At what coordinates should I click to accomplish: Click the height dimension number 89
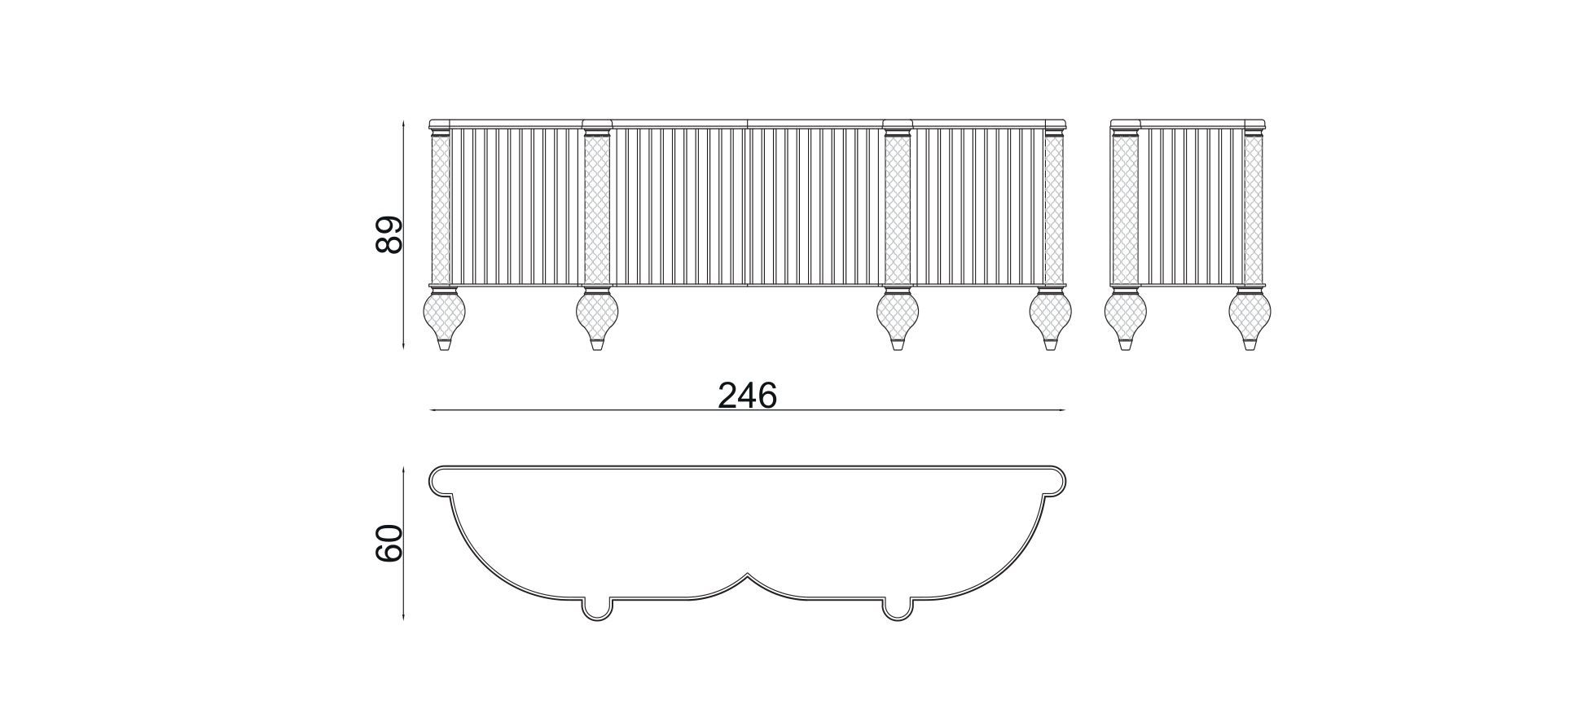[389, 235]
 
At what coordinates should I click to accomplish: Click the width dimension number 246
[747, 396]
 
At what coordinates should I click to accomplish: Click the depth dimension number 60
[389, 543]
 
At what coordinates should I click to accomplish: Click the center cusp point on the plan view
[747, 575]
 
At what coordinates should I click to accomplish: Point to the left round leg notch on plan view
[597, 611]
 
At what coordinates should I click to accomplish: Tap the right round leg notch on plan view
[898, 611]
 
